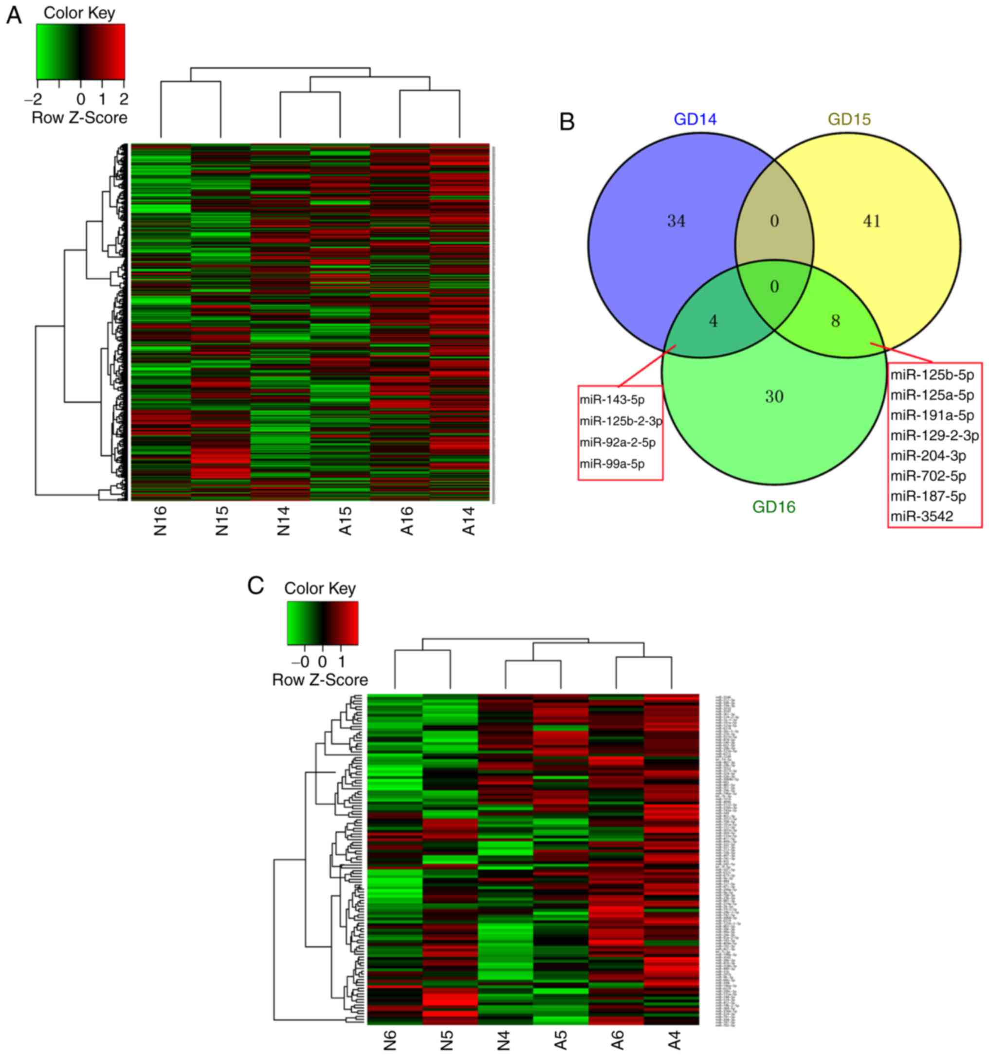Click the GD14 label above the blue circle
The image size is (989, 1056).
coord(695,120)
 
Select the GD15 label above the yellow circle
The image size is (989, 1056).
coord(849,120)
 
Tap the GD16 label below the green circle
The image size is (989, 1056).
coord(773,507)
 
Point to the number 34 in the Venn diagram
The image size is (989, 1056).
coord(676,221)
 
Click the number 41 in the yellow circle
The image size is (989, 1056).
coord(872,221)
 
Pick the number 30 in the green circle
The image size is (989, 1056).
coord(774,396)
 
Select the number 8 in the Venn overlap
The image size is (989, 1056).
coord(835,321)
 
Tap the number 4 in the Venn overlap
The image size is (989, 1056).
coord(713,321)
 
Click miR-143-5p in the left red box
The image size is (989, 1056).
coord(612,400)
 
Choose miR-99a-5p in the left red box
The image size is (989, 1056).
coord(612,464)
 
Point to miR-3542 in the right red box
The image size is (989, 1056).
coord(921,516)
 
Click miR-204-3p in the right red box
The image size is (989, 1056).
coord(928,456)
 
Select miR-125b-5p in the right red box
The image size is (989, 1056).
coord(932,375)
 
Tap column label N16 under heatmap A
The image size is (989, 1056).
coord(161,520)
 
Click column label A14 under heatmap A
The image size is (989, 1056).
coord(469,520)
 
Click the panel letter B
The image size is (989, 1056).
coord(567,122)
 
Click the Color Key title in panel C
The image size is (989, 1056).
coord(319,589)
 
